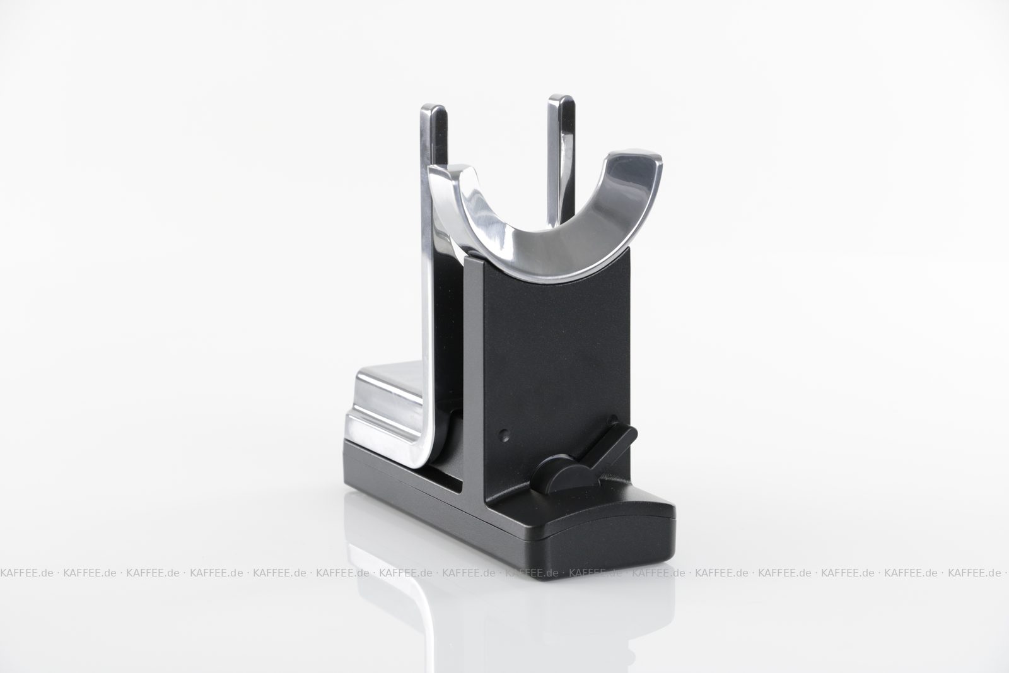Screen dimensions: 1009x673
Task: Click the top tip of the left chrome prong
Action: pos(433,106)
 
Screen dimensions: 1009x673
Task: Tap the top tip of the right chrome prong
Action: pos(561,97)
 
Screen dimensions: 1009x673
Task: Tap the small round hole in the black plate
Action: pos(505,435)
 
